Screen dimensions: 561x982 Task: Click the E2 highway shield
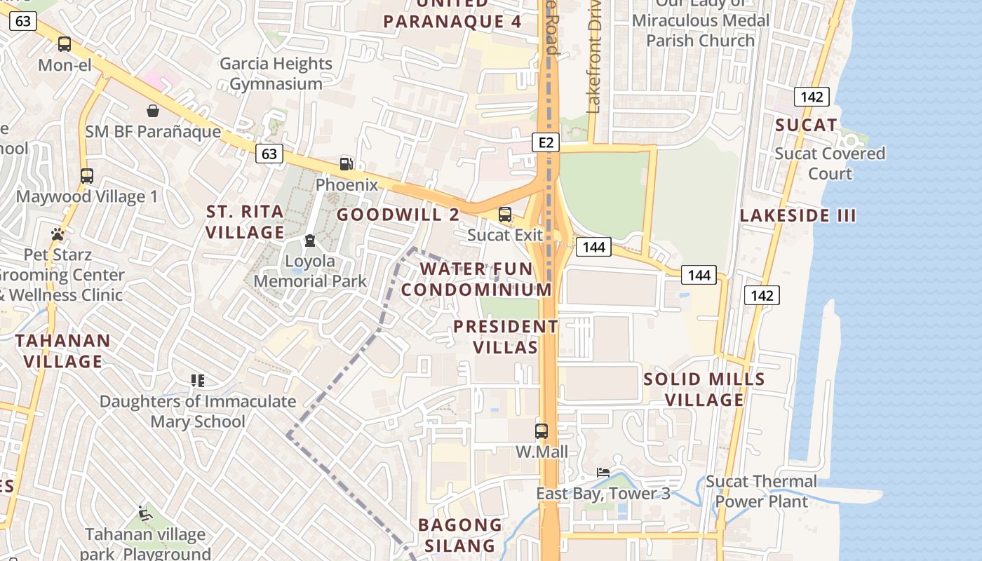click(x=546, y=143)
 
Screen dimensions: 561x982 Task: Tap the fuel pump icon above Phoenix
click(x=346, y=164)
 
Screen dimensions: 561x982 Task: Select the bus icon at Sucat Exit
click(x=505, y=215)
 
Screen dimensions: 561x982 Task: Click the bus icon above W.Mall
click(x=542, y=431)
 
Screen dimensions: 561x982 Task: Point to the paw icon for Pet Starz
click(x=58, y=234)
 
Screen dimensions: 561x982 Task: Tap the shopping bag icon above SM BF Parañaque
click(x=152, y=111)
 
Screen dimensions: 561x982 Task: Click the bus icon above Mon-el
click(x=65, y=44)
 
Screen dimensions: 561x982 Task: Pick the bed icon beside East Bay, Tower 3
click(x=603, y=472)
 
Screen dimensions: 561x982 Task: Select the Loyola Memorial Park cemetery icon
click(x=309, y=241)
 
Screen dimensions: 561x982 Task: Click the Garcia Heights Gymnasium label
click(x=276, y=74)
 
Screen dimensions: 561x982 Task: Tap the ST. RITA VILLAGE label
click(x=245, y=222)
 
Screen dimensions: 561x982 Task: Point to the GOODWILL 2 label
click(x=398, y=215)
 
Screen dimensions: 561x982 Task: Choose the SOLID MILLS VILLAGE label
click(x=704, y=389)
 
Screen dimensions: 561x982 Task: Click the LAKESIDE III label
click(x=798, y=215)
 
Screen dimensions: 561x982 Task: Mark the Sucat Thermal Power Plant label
click(x=761, y=491)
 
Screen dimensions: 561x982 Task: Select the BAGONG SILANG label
click(x=460, y=535)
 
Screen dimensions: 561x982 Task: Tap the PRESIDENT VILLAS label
click(x=506, y=337)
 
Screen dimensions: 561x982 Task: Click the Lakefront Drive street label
click(x=594, y=60)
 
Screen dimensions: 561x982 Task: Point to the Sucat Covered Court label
click(x=830, y=163)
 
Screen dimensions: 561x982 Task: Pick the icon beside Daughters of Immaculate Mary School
click(x=197, y=381)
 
